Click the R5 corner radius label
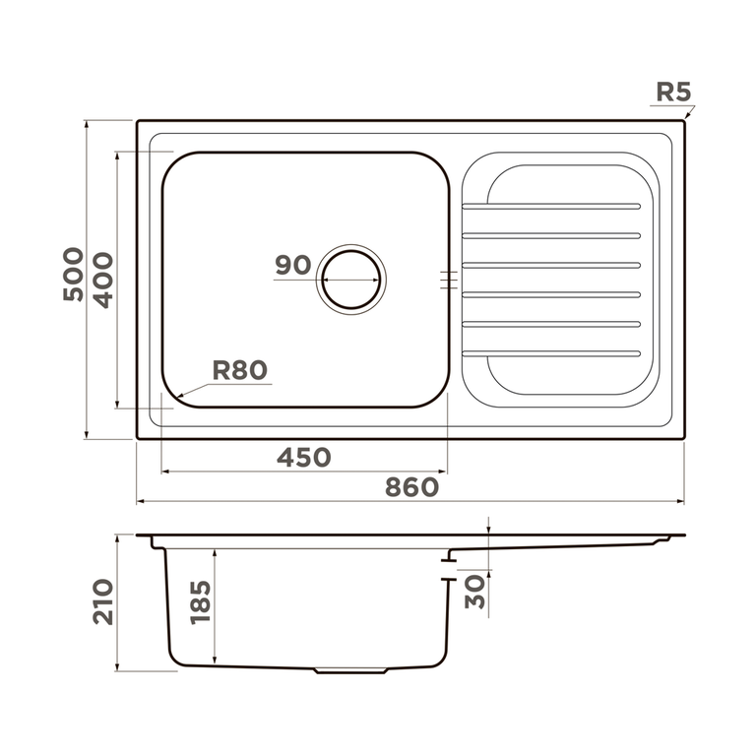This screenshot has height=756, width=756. point(673,92)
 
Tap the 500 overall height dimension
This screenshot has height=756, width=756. point(73,275)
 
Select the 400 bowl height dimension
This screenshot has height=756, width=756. point(102,281)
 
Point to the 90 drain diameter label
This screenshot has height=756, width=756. point(293,265)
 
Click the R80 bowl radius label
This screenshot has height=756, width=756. point(239,370)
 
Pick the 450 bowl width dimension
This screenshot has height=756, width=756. point(304,457)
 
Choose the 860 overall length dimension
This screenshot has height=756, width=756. point(411,487)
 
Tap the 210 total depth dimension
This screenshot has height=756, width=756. point(102,602)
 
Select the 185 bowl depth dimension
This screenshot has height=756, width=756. point(201,602)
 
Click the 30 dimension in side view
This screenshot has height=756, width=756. point(474,592)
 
